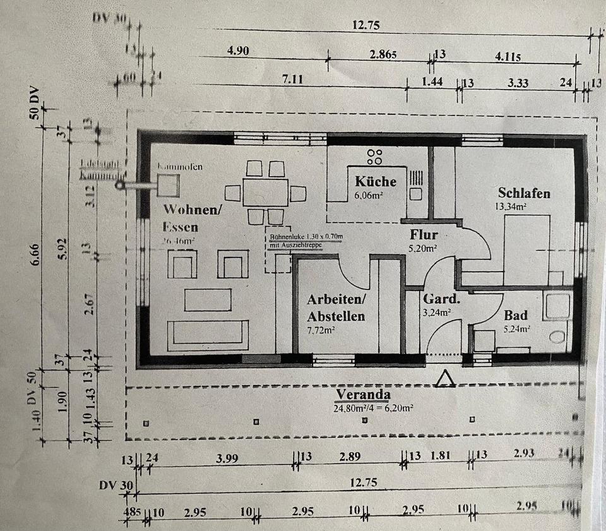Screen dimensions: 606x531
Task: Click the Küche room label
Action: (376, 181)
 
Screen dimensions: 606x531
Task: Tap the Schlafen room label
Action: (524, 193)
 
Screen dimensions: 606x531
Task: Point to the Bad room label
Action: (516, 315)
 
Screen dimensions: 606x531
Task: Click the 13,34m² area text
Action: (512, 205)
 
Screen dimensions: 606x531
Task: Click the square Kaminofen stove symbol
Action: (169, 186)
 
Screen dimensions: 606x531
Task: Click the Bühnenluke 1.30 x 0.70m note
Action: (307, 237)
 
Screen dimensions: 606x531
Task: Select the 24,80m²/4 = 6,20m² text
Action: (373, 409)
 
